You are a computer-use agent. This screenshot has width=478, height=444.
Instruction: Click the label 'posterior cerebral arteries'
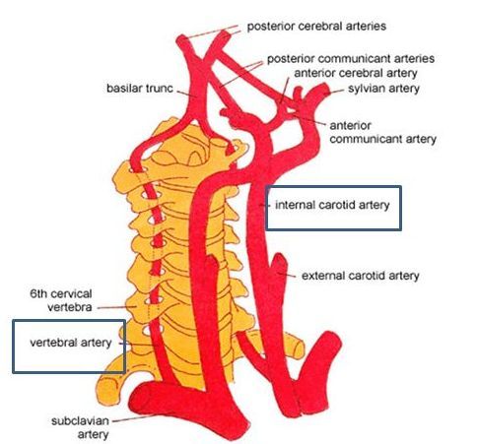[316, 27]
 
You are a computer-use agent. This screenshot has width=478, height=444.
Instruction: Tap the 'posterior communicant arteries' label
[351, 59]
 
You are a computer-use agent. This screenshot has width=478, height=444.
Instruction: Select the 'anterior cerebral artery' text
[356, 73]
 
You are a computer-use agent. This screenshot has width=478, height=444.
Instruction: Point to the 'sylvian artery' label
[383, 89]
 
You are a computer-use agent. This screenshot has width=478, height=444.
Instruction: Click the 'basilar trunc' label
[140, 89]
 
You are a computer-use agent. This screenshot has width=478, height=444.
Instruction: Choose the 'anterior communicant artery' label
[383, 132]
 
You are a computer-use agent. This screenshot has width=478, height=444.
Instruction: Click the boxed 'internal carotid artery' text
[332, 205]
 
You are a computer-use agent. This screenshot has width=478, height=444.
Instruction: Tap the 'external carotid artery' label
[361, 276]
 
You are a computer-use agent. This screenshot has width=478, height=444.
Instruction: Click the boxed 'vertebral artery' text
[71, 343]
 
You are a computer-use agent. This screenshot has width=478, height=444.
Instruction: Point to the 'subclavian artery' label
[80, 427]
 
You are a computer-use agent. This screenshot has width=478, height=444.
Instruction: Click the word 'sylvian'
[366, 89]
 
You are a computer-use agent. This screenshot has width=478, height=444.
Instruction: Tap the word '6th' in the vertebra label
[38, 293]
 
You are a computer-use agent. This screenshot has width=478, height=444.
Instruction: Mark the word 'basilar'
[123, 89]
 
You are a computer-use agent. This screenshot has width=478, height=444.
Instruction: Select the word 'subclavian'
[80, 421]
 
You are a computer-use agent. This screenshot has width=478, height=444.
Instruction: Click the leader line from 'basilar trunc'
[187, 94]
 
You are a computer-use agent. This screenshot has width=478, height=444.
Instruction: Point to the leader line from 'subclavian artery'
[133, 418]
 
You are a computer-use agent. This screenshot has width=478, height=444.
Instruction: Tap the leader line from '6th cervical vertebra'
[117, 307]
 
